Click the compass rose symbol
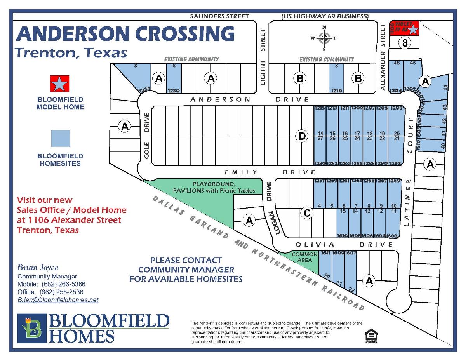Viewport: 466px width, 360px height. click(x=324, y=38)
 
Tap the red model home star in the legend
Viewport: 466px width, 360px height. click(x=60, y=84)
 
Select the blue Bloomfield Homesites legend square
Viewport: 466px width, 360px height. click(x=61, y=139)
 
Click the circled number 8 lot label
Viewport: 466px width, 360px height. click(x=405, y=43)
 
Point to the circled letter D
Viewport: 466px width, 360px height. click(x=301, y=136)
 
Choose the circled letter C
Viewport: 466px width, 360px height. click(x=307, y=213)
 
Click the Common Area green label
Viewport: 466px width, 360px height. click(x=302, y=257)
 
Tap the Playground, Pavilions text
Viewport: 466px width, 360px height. click(x=214, y=187)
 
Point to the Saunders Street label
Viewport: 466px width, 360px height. click(x=219, y=16)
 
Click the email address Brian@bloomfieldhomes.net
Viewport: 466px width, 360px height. click(x=58, y=300)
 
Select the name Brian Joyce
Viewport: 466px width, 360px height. click(x=38, y=268)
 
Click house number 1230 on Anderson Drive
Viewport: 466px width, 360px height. click(x=174, y=91)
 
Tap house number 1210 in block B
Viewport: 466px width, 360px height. click(x=337, y=91)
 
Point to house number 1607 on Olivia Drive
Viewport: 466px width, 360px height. click(x=351, y=253)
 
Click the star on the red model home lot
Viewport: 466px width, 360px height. click(x=414, y=30)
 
